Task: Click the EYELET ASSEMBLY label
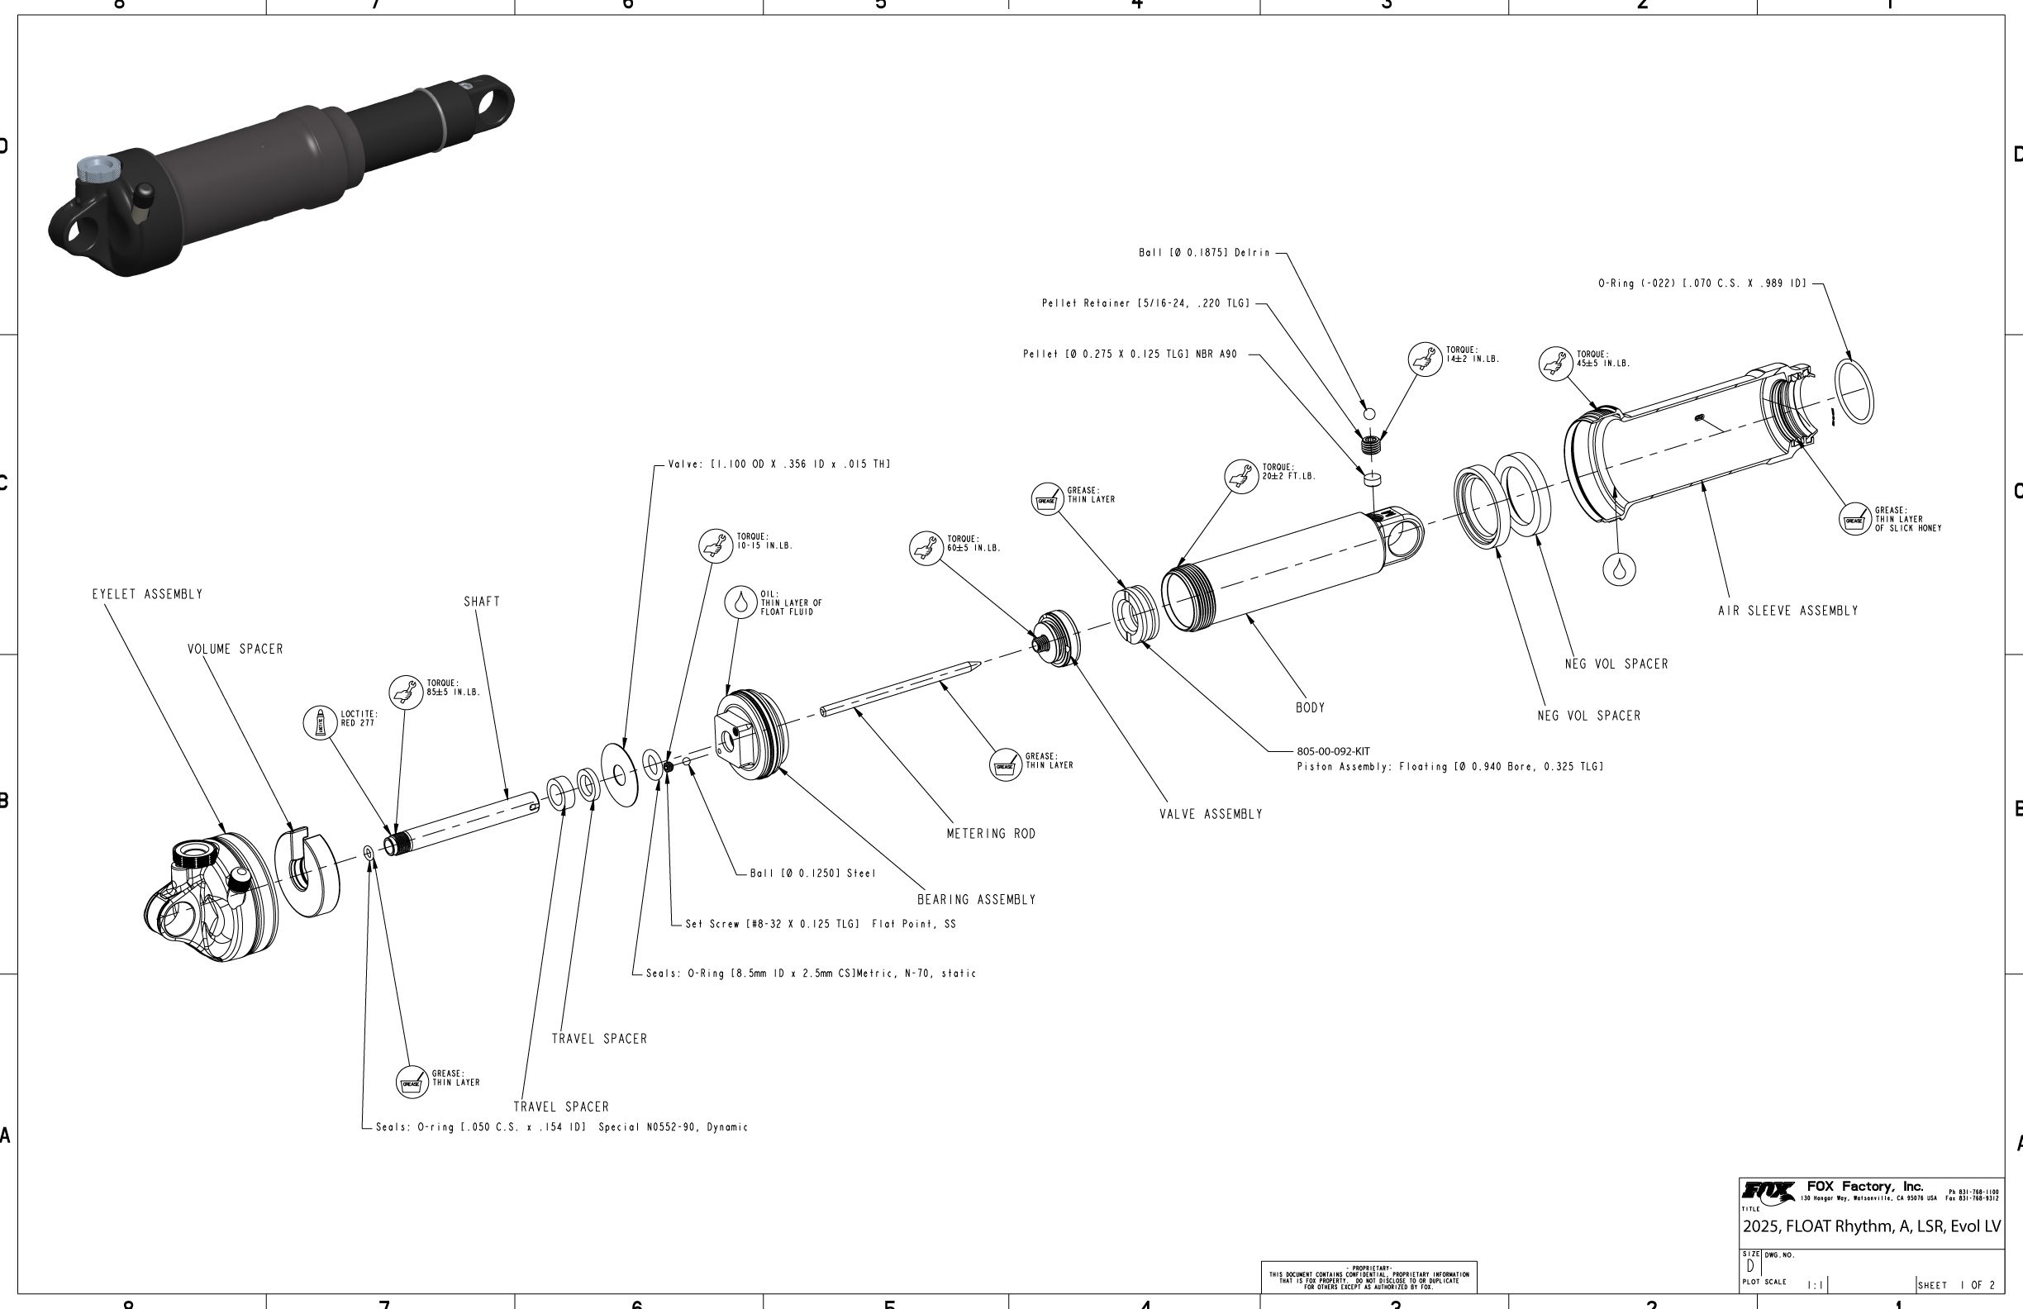pyautogui.click(x=147, y=594)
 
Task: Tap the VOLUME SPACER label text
pyautogui.click(x=235, y=650)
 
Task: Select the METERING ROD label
pyautogui.click(x=991, y=834)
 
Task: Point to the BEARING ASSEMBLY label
pyautogui.click(x=976, y=899)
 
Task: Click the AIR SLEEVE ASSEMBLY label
pyautogui.click(x=1787, y=612)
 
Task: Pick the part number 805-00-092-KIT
pyautogui.click(x=1333, y=751)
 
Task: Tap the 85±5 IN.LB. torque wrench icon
pyautogui.click(x=407, y=691)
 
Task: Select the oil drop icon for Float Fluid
pyautogui.click(x=741, y=602)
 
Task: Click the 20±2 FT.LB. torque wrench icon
pyautogui.click(x=1241, y=475)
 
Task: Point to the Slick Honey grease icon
pyautogui.click(x=1854, y=518)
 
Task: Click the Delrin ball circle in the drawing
pyautogui.click(x=1368, y=414)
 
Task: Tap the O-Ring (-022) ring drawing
pyautogui.click(x=1854, y=391)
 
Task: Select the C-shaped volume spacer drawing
pyautogui.click(x=307, y=873)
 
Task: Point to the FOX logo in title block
pyautogui.click(x=1767, y=1192)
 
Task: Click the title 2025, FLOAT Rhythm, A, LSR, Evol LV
pyautogui.click(x=1871, y=1226)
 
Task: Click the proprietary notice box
pyautogui.click(x=1368, y=1277)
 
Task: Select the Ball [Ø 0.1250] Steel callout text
pyautogui.click(x=812, y=873)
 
